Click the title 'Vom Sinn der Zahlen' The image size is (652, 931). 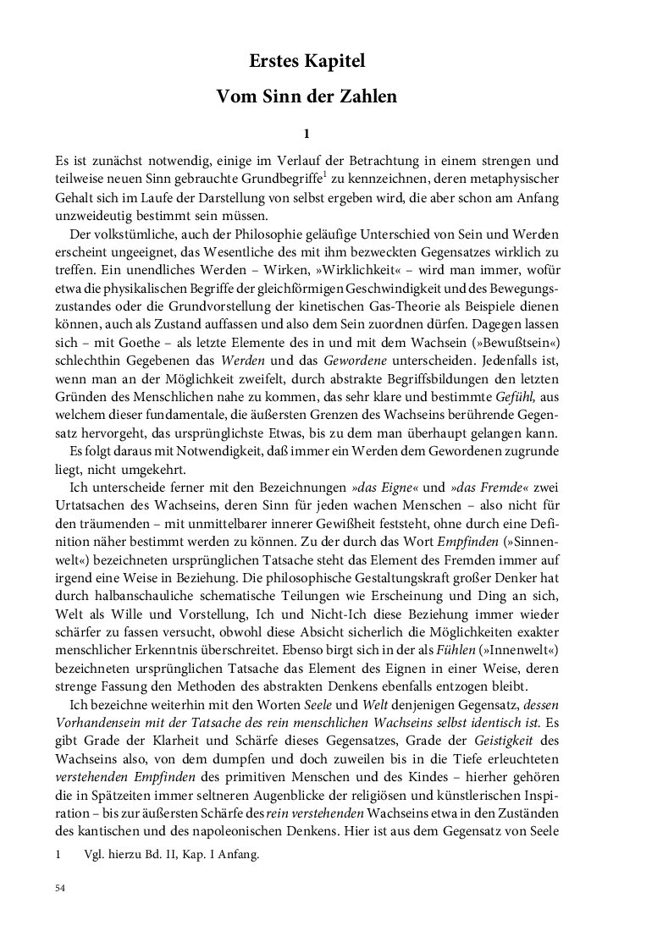(307, 96)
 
